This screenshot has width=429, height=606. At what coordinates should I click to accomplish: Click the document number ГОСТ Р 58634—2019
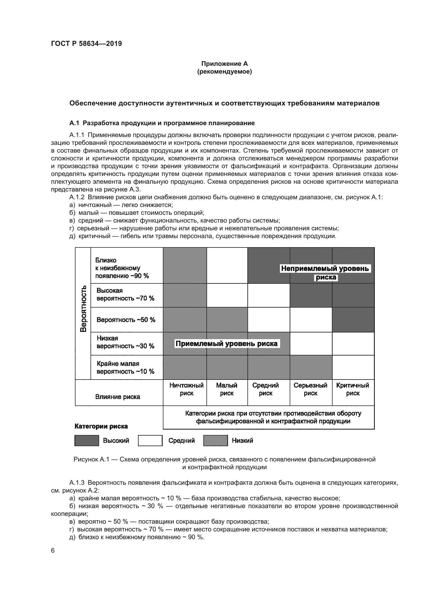click(x=86, y=44)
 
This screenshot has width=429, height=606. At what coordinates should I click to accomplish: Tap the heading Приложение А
click(x=224, y=64)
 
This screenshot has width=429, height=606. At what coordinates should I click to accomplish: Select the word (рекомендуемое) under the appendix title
click(x=224, y=72)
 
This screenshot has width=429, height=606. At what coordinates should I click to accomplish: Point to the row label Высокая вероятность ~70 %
click(x=125, y=294)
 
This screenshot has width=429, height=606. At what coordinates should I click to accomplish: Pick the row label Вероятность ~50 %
click(x=126, y=320)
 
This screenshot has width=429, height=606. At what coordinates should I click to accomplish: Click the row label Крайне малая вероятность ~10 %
click(x=125, y=367)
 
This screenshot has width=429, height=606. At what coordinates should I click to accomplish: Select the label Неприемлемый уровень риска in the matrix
click(x=325, y=272)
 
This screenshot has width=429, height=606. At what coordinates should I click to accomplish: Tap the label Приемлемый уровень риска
click(x=226, y=344)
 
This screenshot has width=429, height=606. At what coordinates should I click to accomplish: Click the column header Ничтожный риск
click(x=186, y=389)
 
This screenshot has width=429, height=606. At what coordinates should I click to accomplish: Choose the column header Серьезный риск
click(x=310, y=389)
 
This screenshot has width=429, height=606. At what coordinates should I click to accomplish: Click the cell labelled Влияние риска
click(x=117, y=397)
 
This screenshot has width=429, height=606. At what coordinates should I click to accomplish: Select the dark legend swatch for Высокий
click(x=87, y=440)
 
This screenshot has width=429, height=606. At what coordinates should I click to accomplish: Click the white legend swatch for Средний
click(x=150, y=440)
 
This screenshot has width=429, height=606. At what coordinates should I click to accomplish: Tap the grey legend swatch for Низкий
click(x=215, y=440)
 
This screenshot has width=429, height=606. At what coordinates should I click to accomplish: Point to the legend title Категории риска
click(x=101, y=426)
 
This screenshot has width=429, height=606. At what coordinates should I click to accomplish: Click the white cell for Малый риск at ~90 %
click(x=227, y=265)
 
